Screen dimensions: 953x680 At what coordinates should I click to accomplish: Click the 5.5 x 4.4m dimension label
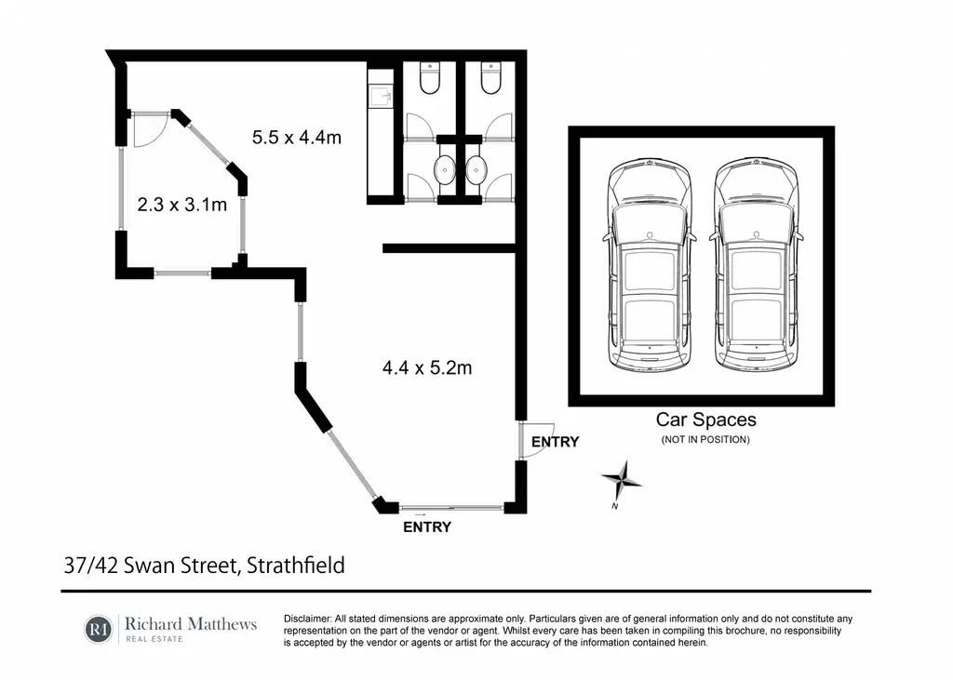(297, 138)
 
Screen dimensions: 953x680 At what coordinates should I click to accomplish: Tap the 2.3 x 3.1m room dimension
(181, 204)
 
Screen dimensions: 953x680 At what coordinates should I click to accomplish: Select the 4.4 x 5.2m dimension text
(426, 367)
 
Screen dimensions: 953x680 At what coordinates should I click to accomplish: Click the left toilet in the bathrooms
(430, 78)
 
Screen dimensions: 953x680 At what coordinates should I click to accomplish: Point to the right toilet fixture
(490, 78)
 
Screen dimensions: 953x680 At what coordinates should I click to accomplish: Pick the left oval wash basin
(446, 169)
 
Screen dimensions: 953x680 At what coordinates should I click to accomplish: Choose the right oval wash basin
(476, 169)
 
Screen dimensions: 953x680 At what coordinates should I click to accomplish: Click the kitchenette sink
(381, 97)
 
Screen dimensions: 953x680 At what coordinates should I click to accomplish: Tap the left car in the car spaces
(650, 265)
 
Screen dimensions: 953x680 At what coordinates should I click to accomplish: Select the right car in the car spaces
(756, 265)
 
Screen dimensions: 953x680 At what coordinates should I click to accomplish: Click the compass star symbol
(622, 480)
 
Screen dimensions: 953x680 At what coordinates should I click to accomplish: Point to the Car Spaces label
(705, 420)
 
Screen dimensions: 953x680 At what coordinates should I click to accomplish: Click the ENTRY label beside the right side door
(555, 442)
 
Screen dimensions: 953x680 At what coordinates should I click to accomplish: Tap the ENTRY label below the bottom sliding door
(426, 527)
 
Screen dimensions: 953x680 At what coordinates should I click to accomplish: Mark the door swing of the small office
(150, 130)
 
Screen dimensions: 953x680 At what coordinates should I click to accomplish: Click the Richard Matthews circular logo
(99, 629)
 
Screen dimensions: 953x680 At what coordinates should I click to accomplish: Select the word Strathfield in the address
(295, 566)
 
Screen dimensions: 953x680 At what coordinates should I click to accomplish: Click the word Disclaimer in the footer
(307, 619)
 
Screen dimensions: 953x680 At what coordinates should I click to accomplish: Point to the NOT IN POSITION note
(705, 439)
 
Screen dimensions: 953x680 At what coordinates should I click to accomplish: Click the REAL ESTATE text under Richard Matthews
(154, 639)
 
